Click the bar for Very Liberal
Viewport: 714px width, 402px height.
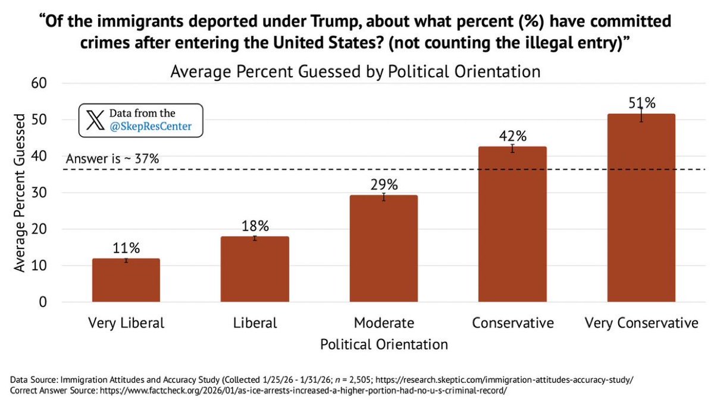coord(126,281)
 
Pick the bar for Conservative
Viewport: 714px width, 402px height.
coord(512,225)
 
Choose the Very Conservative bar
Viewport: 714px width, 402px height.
coord(641,208)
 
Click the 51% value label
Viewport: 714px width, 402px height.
coord(641,103)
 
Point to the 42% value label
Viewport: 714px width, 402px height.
coord(512,136)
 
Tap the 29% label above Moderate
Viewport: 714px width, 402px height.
coord(384,184)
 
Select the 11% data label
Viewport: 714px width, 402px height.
coord(126,248)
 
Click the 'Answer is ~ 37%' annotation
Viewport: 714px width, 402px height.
coord(112,159)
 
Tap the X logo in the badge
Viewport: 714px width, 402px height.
coord(94,120)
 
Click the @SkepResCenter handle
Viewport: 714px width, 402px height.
coord(149,127)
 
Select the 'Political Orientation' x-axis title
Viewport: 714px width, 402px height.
coord(384,344)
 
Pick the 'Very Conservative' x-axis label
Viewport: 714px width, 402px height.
coord(641,323)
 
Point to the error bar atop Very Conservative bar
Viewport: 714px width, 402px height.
coord(641,114)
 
